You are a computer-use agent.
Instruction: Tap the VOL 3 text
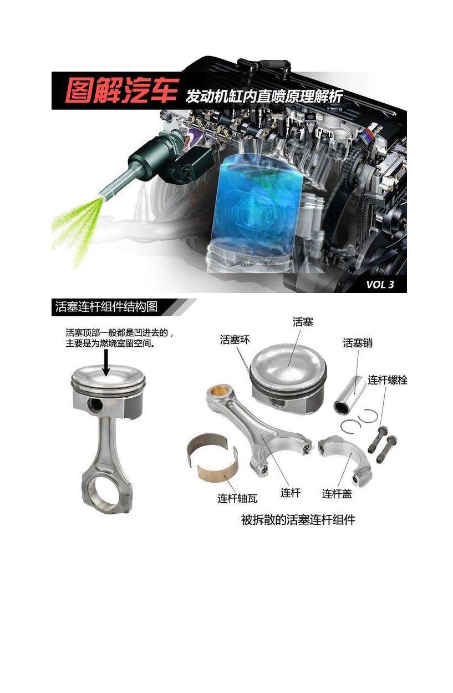click(x=380, y=284)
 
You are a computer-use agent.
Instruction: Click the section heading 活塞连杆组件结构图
click(x=106, y=306)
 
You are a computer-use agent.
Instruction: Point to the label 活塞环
click(x=235, y=340)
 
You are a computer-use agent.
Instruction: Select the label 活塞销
click(x=358, y=343)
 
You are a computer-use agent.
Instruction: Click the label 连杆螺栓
click(x=387, y=380)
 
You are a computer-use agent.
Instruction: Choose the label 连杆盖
click(x=337, y=493)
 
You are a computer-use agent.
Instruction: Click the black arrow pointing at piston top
click(x=106, y=362)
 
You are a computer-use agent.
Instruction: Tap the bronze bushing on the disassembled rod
click(x=218, y=391)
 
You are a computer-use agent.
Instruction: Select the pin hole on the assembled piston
click(x=95, y=405)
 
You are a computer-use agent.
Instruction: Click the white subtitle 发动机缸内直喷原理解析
click(x=264, y=96)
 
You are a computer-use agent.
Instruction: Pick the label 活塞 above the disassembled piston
click(x=303, y=322)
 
